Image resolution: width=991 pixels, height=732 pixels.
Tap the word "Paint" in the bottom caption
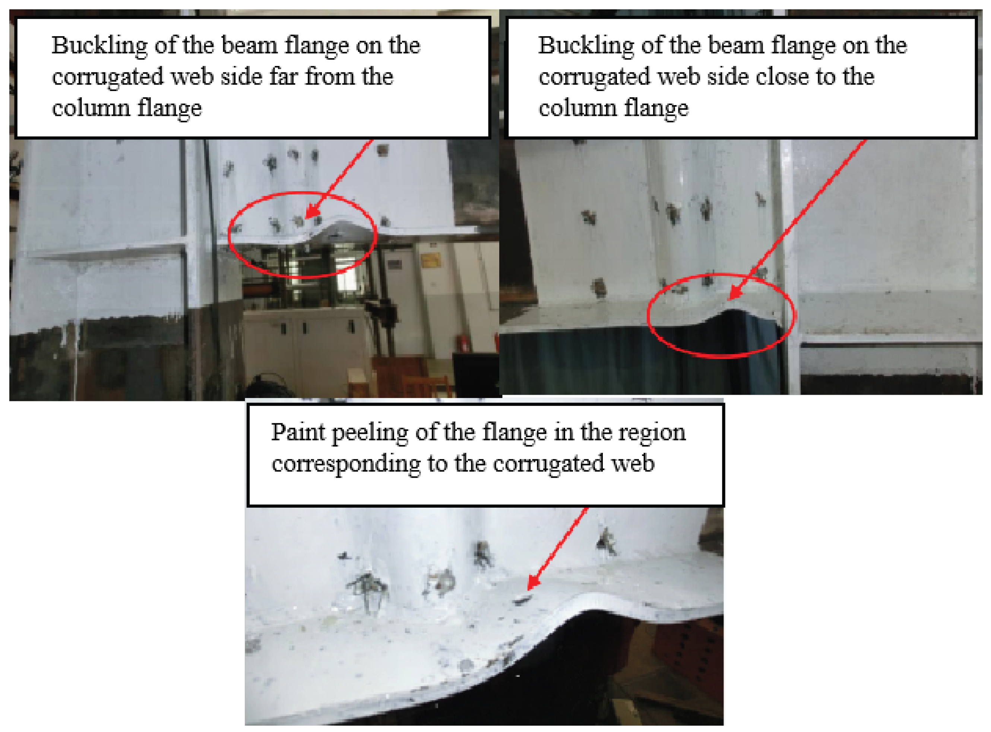click(298, 432)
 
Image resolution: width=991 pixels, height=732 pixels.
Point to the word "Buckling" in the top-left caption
click(99, 47)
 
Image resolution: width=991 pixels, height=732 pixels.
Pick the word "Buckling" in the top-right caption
click(586, 47)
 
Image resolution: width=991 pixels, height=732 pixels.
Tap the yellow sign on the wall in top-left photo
click(430, 260)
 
